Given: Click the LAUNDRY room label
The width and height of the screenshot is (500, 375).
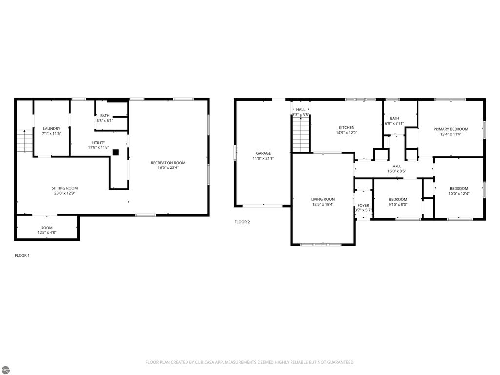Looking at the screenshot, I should [51, 129].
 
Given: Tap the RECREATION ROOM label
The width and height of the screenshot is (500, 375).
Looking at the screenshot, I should [168, 163].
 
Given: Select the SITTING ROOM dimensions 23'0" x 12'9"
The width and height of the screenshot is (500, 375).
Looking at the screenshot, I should [65, 194].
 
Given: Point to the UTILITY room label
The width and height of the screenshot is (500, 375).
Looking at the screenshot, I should [99, 143].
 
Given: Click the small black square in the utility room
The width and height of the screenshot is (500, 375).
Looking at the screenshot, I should [116, 152].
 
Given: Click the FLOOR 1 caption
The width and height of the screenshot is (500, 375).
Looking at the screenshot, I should [22, 255].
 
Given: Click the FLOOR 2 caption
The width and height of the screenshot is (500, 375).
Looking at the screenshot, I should [242, 222].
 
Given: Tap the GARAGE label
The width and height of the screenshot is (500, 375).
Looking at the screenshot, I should [263, 153].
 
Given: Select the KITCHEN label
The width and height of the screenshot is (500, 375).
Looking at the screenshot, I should [347, 128].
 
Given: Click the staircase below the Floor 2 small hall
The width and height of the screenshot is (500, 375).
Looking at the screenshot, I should [301, 136].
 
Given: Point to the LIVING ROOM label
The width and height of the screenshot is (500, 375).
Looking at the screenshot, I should [323, 199].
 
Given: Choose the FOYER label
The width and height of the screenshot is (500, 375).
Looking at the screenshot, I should [363, 205].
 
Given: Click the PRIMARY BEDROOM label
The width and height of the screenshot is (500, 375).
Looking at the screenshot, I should [451, 129].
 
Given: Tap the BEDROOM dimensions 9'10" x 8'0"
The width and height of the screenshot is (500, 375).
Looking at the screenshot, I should [398, 205].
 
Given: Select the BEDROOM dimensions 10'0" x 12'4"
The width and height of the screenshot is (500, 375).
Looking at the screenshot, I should [459, 194].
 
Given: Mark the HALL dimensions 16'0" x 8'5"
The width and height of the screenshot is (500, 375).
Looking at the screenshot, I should [396, 171].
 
